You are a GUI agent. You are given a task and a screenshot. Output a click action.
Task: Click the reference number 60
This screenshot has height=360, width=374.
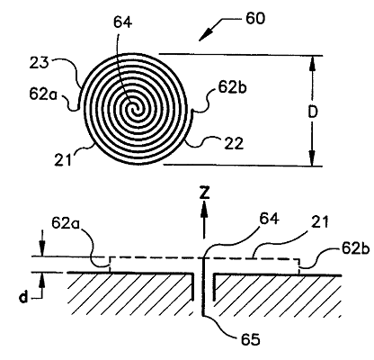tap(255, 19)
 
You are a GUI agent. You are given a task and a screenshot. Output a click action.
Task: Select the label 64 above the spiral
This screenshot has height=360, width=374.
tap(122, 22)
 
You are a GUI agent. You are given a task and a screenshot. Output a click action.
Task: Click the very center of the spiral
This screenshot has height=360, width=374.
tap(135, 110)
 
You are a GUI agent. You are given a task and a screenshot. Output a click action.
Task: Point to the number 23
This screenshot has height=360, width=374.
tap(39, 63)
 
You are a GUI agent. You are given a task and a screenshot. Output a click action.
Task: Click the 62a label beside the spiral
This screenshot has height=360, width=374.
tap(42, 94)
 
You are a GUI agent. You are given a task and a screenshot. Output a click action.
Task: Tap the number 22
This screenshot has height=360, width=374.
tap(234, 143)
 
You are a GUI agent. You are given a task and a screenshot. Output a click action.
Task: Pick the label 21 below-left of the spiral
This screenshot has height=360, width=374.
tap(63, 160)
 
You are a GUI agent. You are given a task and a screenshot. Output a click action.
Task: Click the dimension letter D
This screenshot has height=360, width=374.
tap(313, 112)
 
